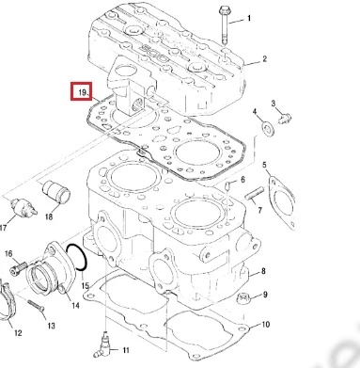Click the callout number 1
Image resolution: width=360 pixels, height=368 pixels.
coord(249,18)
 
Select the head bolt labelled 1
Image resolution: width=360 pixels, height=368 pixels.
coord(225,24)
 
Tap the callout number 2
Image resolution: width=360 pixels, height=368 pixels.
coord(264,58)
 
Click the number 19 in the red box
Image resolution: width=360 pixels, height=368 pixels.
coord(83,92)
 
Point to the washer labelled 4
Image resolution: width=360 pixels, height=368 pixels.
coord(267,127)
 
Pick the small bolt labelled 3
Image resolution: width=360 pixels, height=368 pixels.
coord(285,119)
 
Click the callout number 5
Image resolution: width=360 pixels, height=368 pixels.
coord(264,165)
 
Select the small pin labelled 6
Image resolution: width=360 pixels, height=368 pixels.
coord(228,185)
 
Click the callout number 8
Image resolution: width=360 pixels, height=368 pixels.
coord(263,270)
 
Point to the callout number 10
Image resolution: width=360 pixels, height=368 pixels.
coord(265,324)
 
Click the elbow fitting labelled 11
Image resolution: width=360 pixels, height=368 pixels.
coord(102,345)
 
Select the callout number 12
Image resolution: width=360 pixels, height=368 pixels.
coord(18,332)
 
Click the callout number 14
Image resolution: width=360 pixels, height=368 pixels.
coord(75,305)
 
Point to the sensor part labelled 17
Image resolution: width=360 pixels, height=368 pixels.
coord(23,208)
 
